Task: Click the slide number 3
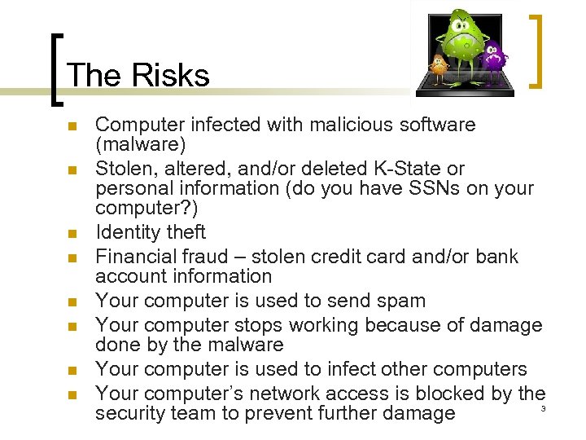click(543, 407)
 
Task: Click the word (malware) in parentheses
click(141, 145)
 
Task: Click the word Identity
click(126, 232)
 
